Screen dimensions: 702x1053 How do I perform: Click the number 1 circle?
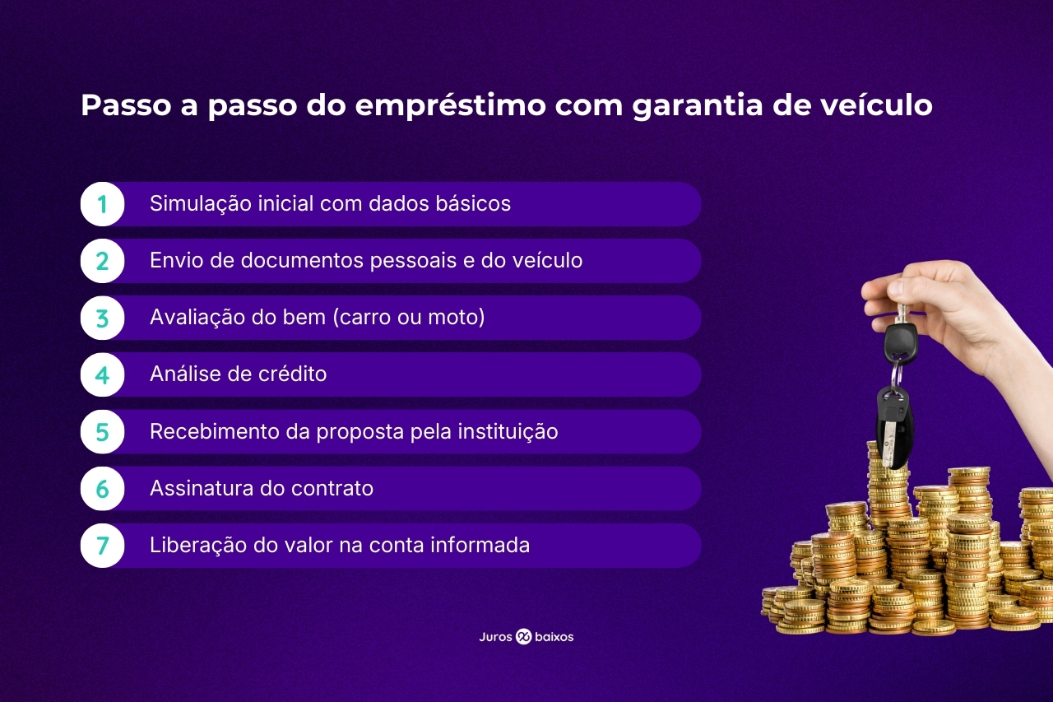(x=102, y=204)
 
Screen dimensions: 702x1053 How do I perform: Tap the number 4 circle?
(x=102, y=374)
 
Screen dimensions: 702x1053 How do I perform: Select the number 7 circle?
(x=102, y=546)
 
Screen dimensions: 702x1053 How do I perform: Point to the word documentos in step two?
(x=302, y=261)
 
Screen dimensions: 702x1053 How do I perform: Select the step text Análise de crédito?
(x=238, y=374)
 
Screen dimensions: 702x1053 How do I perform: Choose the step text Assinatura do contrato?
(x=261, y=489)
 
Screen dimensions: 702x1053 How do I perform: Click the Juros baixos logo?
(x=526, y=637)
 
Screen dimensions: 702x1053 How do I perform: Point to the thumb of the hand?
(x=884, y=290)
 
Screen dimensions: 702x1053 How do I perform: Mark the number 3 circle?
(x=102, y=318)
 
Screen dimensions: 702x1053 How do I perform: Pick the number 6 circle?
(x=102, y=489)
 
